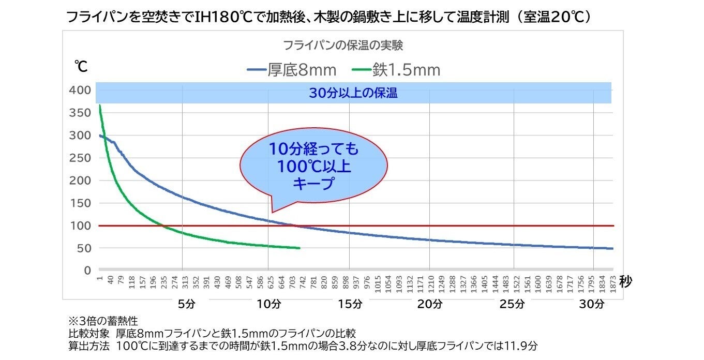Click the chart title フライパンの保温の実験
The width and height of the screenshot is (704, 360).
coord(343,46)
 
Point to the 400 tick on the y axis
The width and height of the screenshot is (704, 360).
coord(80,91)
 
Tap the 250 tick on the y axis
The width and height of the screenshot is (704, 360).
coord(80,158)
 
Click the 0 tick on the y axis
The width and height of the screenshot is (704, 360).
coord(87,271)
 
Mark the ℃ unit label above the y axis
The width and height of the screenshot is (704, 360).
coord(81,67)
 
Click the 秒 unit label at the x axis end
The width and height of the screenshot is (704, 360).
coord(625,282)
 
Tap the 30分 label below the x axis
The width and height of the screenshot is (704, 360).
coord(591,304)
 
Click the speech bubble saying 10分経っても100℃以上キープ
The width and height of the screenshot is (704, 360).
coord(313,167)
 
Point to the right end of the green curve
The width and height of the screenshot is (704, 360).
coord(299,248)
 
